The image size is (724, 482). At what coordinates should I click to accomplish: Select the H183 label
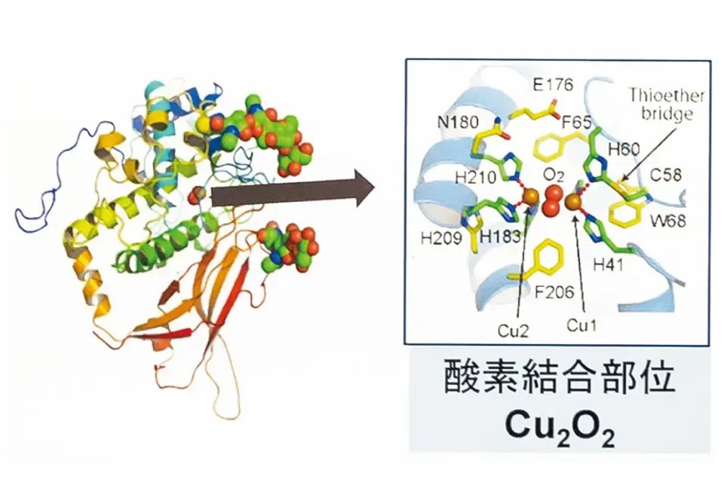click(x=498, y=236)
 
